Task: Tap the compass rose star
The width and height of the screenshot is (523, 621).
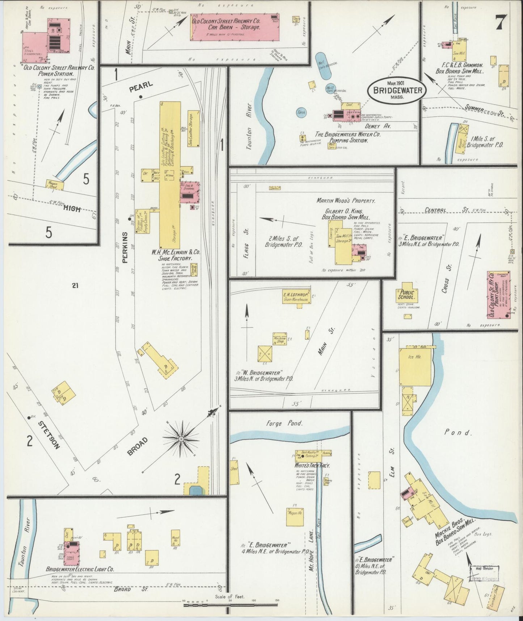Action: (180, 439)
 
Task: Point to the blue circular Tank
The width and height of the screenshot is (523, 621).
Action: (301, 113)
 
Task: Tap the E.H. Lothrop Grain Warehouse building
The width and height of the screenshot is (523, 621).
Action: (296, 296)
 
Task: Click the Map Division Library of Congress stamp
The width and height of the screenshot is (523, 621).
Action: (484, 573)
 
